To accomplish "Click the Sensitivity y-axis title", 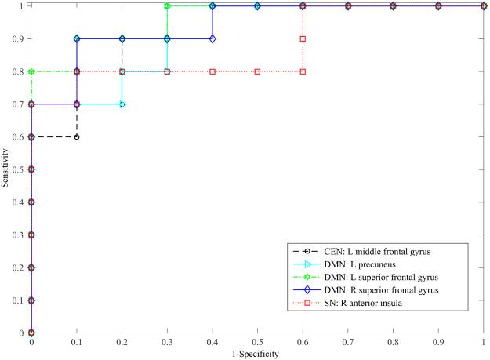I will [6, 169].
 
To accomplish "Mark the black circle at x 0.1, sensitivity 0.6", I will [77, 136].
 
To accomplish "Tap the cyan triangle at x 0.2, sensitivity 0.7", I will [122, 104].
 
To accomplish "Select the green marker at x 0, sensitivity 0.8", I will [31, 71].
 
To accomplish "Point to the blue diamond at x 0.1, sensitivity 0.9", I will [77, 38].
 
